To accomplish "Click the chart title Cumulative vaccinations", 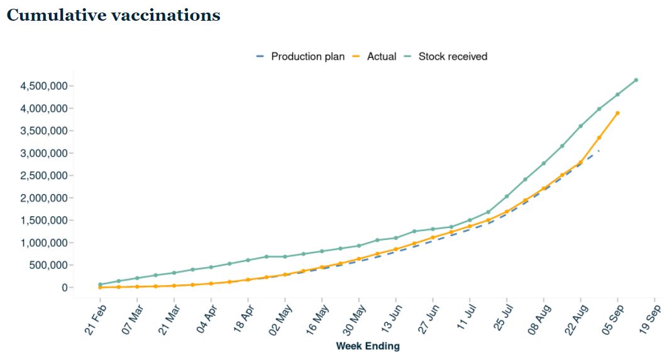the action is click(x=114, y=15).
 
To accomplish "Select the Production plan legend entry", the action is click(x=300, y=57).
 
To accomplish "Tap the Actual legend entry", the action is click(x=374, y=57).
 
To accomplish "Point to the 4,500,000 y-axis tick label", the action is click(x=44, y=86).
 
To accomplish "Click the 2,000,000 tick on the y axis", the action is click(x=44, y=198).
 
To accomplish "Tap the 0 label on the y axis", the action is click(x=65, y=288).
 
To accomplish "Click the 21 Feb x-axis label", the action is click(x=96, y=320).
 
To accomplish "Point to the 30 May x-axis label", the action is click(x=354, y=320).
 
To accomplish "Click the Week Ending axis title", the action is click(x=368, y=346).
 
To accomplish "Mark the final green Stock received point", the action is click(x=636, y=80).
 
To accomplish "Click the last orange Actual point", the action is click(x=617, y=113).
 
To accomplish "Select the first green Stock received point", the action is click(x=100, y=285).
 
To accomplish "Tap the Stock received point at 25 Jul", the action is click(x=507, y=197).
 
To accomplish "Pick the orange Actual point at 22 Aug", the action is click(x=581, y=162).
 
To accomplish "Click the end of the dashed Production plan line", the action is click(x=599, y=150).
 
